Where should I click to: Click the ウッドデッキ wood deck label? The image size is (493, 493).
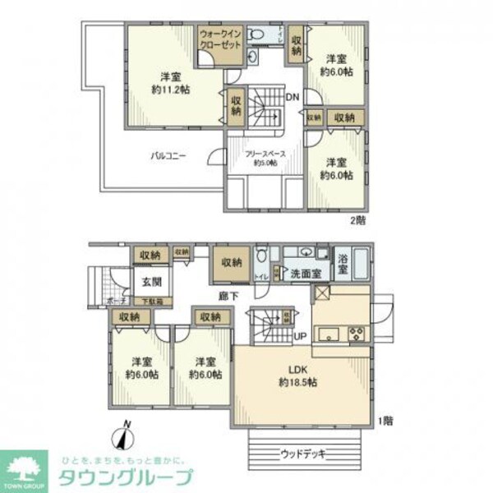tap(302, 453)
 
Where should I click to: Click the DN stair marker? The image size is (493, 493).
tap(292, 98)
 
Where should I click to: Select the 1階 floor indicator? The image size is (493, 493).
tap(385, 420)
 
